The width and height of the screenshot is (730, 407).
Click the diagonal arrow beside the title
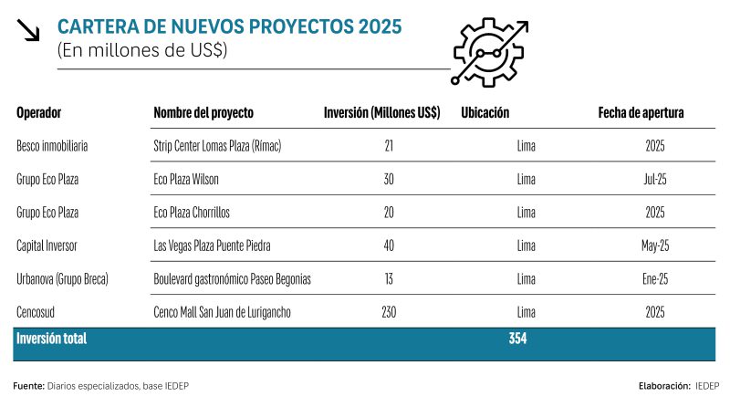point(30,31)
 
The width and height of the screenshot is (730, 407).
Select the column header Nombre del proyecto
point(203,113)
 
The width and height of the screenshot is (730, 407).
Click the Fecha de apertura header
point(641,113)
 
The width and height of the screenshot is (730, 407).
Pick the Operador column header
point(45,113)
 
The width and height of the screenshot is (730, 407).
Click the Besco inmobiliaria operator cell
point(52,145)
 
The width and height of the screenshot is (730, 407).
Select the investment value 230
point(389,312)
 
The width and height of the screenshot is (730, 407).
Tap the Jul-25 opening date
point(655,179)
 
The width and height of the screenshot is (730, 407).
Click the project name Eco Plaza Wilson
point(186,179)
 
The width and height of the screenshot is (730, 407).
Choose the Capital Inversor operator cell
point(49,245)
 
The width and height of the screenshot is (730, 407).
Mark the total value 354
point(518,339)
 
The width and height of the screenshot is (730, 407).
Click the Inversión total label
point(51,339)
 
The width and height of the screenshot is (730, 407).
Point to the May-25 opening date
point(655,245)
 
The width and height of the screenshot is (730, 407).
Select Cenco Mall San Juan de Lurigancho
point(223,312)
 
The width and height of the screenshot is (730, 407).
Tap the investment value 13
point(389,279)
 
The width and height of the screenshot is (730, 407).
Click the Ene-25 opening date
point(655,279)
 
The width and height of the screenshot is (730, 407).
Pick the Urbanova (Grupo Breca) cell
point(62,279)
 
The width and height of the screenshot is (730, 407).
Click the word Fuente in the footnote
point(28,385)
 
